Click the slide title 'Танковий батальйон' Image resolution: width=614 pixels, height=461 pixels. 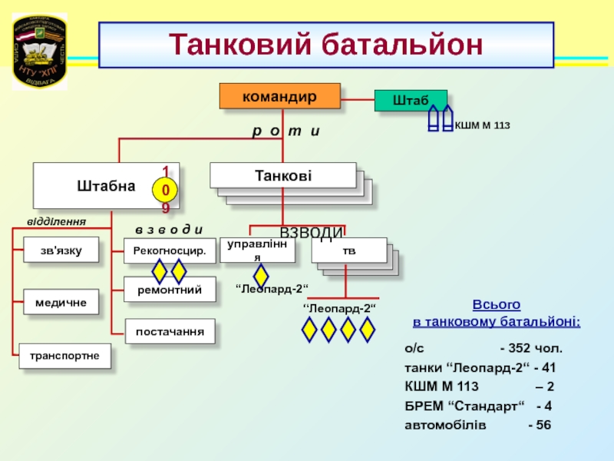click(x=326, y=44)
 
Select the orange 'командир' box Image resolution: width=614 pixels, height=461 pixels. click(x=279, y=96)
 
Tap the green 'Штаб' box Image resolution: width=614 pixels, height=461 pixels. click(x=410, y=101)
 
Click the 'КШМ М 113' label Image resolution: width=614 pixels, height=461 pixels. click(x=483, y=124)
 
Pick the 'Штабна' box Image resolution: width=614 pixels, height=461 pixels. click(x=106, y=185)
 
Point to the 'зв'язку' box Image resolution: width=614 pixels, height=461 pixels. click(x=61, y=250)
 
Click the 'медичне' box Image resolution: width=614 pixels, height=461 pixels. click(x=61, y=303)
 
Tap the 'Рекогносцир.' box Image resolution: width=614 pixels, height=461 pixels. click(x=169, y=250)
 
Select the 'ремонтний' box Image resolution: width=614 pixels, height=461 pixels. click(x=169, y=290)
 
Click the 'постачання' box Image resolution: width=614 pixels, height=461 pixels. click(x=170, y=331)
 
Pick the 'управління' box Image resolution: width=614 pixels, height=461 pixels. click(x=257, y=250)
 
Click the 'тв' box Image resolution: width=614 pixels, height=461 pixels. click(x=349, y=250)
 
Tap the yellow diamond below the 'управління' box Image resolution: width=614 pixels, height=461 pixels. click(x=261, y=276)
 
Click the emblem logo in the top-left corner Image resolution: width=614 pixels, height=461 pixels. click(x=39, y=50)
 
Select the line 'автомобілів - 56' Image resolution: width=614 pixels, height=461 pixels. click(x=477, y=424)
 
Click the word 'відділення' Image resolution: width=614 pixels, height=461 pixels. click(x=56, y=221)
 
